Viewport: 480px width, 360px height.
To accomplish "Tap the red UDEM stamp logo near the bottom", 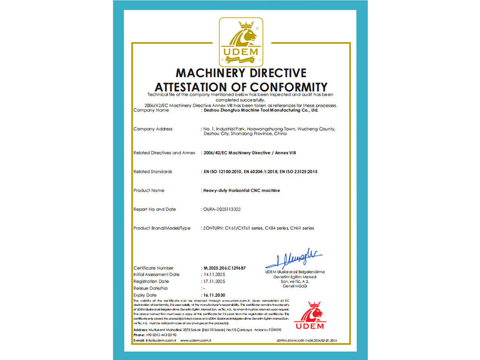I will pos(310,317).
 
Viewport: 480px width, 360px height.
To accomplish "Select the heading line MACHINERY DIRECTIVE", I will pos(240,73).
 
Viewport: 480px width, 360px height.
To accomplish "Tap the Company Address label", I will pos(153,129).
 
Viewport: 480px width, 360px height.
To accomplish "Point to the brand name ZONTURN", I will pos(213,228).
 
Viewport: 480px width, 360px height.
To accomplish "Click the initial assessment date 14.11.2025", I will pos(214,274).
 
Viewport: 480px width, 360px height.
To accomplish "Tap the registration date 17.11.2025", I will pos(214,281).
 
